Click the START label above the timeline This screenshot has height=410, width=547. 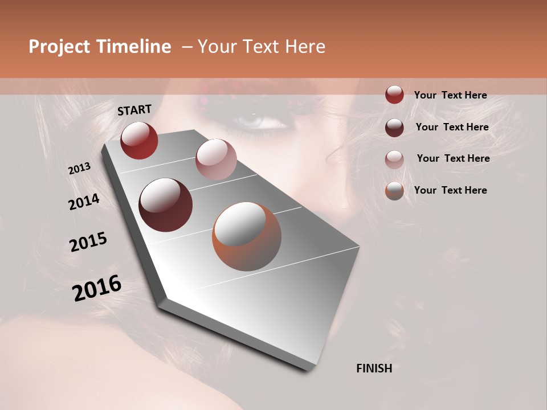(x=134, y=110)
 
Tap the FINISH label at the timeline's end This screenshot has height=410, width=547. (x=374, y=368)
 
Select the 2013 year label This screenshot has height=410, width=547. (x=80, y=169)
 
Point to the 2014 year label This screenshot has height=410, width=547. (x=84, y=202)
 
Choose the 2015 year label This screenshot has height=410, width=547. (x=88, y=242)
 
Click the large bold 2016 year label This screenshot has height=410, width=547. (x=97, y=288)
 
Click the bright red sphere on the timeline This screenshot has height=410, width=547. (x=139, y=140)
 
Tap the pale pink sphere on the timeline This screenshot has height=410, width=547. (x=215, y=159)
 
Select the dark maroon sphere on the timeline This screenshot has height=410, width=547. (x=165, y=205)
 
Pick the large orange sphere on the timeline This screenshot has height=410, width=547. (x=247, y=236)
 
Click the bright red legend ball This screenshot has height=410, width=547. (x=394, y=95)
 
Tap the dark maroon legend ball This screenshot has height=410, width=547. (x=394, y=127)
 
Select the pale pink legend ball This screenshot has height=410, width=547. (x=394, y=159)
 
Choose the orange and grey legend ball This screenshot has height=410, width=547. (x=394, y=190)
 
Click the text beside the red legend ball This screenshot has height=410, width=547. (x=450, y=95)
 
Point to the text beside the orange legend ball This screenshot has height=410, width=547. (x=450, y=190)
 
